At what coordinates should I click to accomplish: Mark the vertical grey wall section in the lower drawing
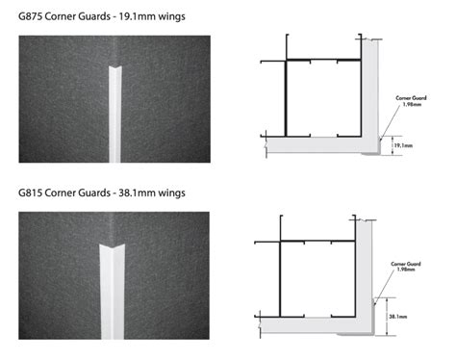point(367,270)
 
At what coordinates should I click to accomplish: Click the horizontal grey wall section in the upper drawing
point(317,145)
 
